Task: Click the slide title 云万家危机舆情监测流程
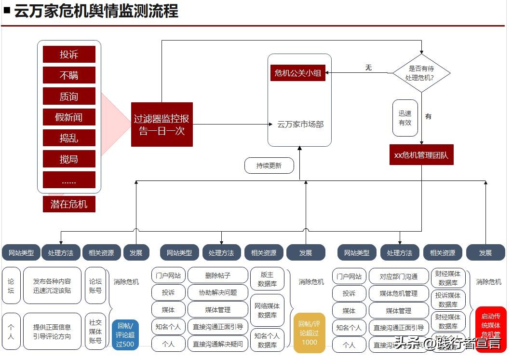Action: (96, 11)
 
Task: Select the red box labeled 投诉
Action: (69, 55)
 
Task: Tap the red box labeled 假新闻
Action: (69, 117)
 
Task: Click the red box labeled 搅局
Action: (69, 159)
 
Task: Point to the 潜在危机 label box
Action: (69, 204)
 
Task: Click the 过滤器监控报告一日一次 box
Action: (162, 125)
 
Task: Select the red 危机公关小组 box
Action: (297, 73)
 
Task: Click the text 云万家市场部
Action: (300, 125)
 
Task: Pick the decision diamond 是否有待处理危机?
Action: (421, 73)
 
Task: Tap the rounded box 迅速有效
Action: (405, 118)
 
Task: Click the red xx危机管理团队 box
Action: (421, 155)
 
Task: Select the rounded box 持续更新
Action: (269, 166)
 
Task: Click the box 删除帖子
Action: (217, 276)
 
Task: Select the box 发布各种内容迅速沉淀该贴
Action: (52, 286)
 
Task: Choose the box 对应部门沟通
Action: (398, 277)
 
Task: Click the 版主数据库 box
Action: (267, 279)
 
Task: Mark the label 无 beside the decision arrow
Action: (368, 68)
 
